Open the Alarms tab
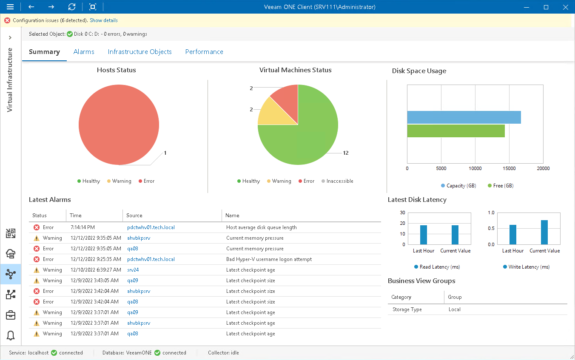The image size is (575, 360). coord(84,52)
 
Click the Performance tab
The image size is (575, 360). coord(204,52)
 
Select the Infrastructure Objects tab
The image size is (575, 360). coord(139,52)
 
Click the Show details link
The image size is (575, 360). coord(104,20)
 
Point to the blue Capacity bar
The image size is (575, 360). coord(464,117)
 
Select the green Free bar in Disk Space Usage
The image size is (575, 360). coord(455,131)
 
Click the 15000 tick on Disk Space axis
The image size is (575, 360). coord(509,168)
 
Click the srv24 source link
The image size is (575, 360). coord(133,270)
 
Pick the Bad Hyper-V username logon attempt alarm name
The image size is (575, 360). coord(269,259)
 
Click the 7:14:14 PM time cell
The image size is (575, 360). coord(83,227)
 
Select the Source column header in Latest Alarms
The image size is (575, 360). coord(134,215)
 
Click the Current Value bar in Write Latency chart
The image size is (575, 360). coord(544,232)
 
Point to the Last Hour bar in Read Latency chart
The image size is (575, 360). coord(423,235)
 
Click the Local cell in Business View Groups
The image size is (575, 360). coord(454,309)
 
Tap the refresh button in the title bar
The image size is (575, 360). coord(72,7)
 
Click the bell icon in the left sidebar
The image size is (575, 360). coord(11,335)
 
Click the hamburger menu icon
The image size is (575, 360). coord(10,7)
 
